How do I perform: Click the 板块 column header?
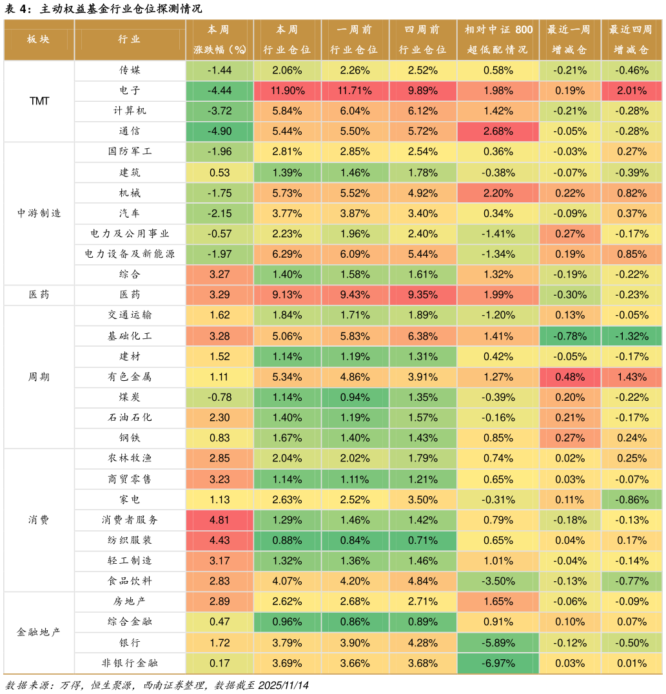[x=39, y=39]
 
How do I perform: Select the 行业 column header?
[x=130, y=39]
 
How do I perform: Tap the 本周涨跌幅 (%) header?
[x=219, y=39]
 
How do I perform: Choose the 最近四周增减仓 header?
[x=631, y=39]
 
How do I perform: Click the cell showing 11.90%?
[x=287, y=90]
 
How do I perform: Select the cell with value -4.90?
[x=219, y=131]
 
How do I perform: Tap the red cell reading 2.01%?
[x=631, y=90]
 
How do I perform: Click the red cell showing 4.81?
[x=219, y=520]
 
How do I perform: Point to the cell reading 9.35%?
[x=422, y=294]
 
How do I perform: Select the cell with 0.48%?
[x=570, y=377]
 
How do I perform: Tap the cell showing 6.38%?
[x=422, y=336]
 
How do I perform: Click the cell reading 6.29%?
[x=287, y=254]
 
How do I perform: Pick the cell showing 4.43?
[x=219, y=540]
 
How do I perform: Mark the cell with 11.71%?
[x=355, y=90]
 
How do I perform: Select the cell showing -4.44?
[x=219, y=90]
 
